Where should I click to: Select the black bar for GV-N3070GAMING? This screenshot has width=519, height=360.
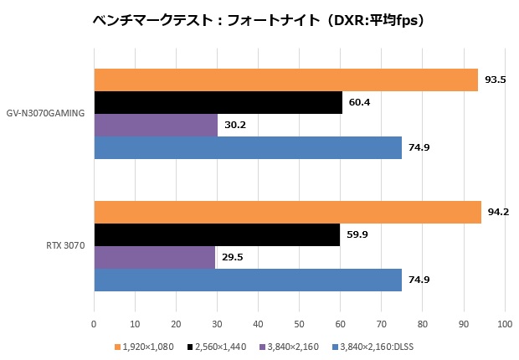[x=218, y=102]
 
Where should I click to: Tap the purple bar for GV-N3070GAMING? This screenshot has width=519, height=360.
[x=156, y=125]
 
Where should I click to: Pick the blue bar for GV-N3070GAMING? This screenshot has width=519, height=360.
[x=248, y=147]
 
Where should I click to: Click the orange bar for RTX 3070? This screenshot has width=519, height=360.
[x=288, y=212]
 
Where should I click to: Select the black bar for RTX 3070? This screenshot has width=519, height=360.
[x=217, y=234]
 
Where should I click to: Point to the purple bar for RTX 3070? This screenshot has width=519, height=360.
[x=155, y=257]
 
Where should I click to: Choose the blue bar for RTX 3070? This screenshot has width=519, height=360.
[x=248, y=280]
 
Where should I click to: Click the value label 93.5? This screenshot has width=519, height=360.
[x=496, y=80]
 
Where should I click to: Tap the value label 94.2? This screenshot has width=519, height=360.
[x=498, y=212]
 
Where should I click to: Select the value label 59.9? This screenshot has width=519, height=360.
[x=358, y=234]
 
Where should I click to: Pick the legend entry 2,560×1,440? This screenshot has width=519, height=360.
[x=220, y=346]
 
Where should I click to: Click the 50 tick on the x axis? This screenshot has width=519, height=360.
[x=299, y=323]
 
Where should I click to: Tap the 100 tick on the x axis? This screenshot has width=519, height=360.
[x=504, y=323]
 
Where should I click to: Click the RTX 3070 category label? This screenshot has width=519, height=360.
[x=65, y=246]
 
